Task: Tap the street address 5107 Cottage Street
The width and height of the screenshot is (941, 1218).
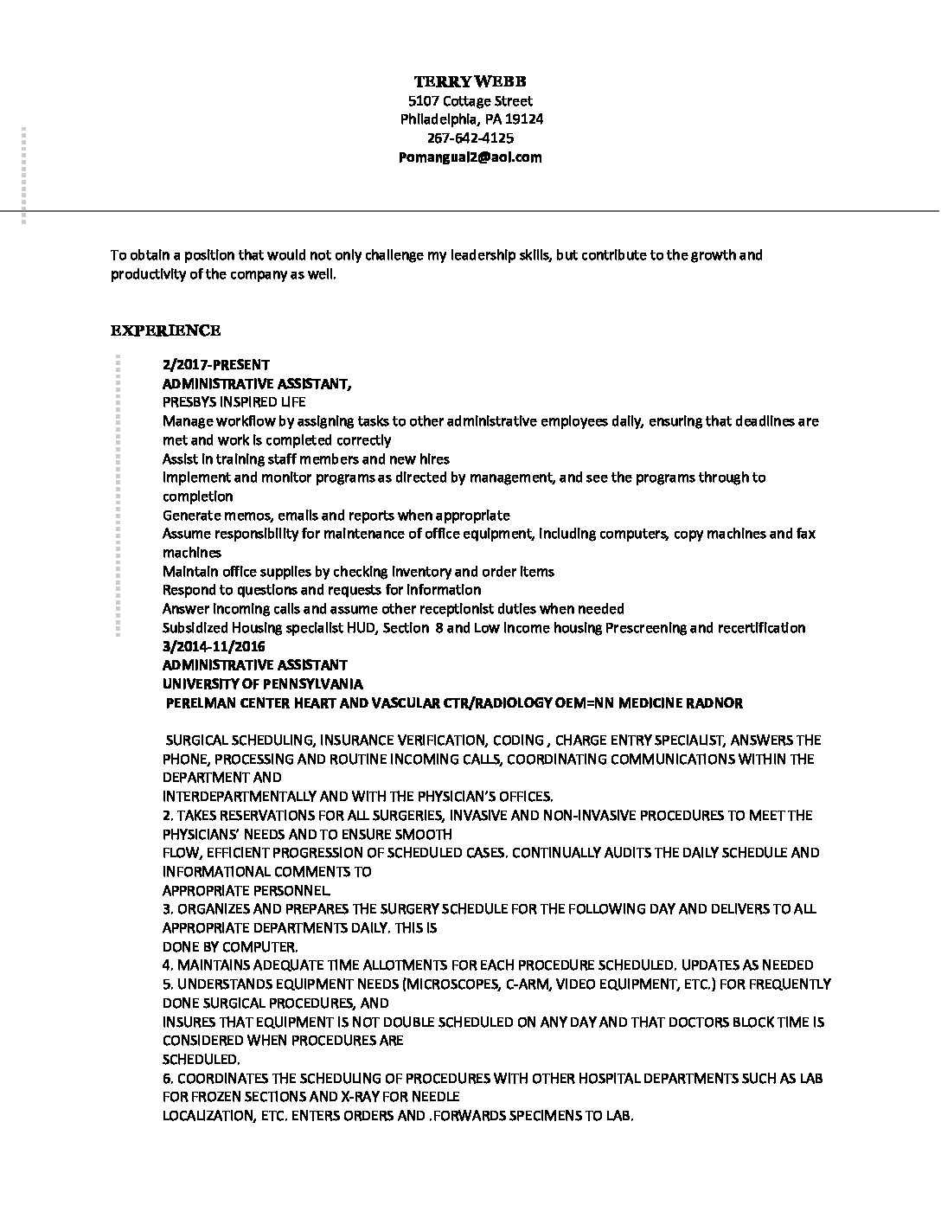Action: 471,101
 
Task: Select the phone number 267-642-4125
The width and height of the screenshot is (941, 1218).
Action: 471,138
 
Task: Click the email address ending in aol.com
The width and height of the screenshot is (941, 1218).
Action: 471,157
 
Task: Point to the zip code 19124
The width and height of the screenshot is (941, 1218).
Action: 524,119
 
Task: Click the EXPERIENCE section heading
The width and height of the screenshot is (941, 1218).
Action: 165,330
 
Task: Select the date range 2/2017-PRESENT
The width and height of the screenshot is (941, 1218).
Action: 216,365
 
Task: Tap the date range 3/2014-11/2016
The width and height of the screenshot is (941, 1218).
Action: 214,646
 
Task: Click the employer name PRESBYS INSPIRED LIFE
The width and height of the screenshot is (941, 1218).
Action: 234,402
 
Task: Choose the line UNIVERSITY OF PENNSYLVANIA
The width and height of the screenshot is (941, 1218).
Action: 263,683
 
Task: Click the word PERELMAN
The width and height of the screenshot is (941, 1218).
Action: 197,702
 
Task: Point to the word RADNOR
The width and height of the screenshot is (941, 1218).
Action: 714,702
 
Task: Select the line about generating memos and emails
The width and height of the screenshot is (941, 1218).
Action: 336,515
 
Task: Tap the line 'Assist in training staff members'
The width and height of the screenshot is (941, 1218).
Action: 305,458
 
